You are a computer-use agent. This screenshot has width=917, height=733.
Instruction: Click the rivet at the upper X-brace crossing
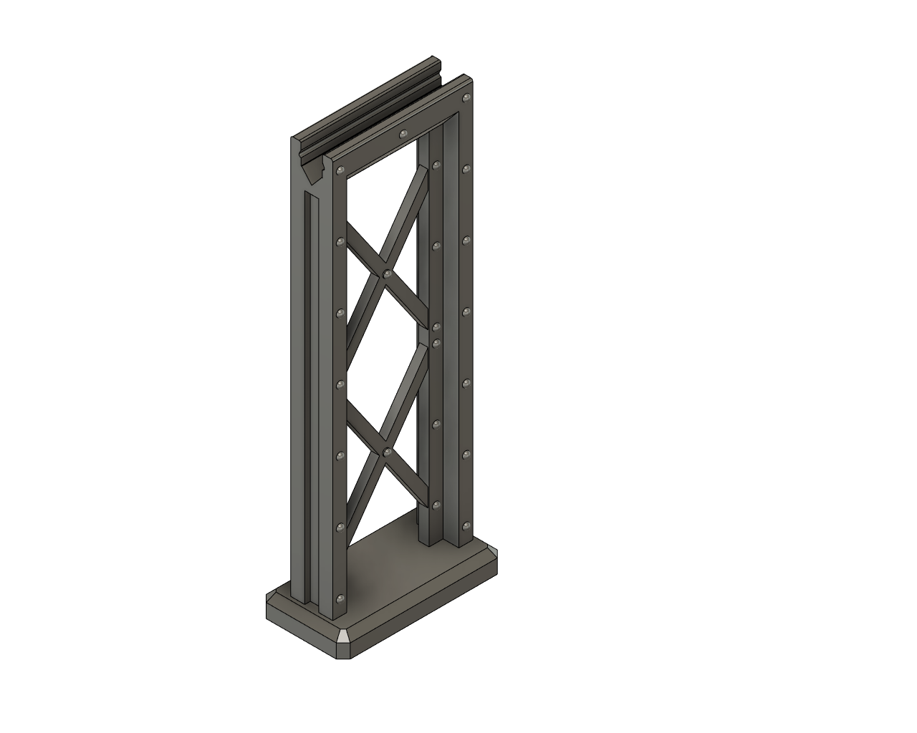[387, 273]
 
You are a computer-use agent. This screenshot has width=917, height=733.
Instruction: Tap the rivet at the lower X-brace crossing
[387, 452]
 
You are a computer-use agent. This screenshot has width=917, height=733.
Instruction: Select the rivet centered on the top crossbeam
[403, 133]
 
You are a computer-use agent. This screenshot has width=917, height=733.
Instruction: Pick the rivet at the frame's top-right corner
[467, 97]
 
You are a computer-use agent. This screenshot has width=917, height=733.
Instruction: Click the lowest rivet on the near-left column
[340, 598]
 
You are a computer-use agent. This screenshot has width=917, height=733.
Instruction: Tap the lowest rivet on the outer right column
[466, 526]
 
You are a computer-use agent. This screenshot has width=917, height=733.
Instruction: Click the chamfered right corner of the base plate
[493, 555]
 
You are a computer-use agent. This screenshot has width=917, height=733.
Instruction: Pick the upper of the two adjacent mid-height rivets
[436, 327]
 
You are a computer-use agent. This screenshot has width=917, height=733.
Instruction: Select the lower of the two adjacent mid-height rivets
[436, 343]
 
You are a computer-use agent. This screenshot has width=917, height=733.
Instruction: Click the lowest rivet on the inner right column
[436, 505]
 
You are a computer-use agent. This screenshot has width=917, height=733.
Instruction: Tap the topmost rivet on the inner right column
[436, 165]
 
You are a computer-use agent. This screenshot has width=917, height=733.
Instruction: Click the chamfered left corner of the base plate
[271, 596]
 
